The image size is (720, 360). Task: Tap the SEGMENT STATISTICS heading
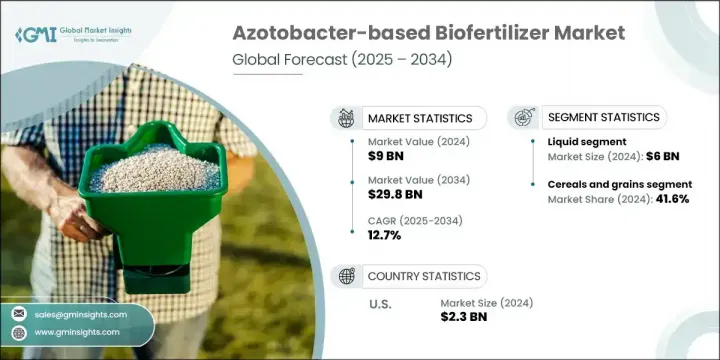click(603, 117)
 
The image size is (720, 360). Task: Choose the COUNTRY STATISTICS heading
click(424, 275)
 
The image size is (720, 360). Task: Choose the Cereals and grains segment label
click(620, 184)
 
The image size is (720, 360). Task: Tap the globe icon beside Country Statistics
click(347, 276)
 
